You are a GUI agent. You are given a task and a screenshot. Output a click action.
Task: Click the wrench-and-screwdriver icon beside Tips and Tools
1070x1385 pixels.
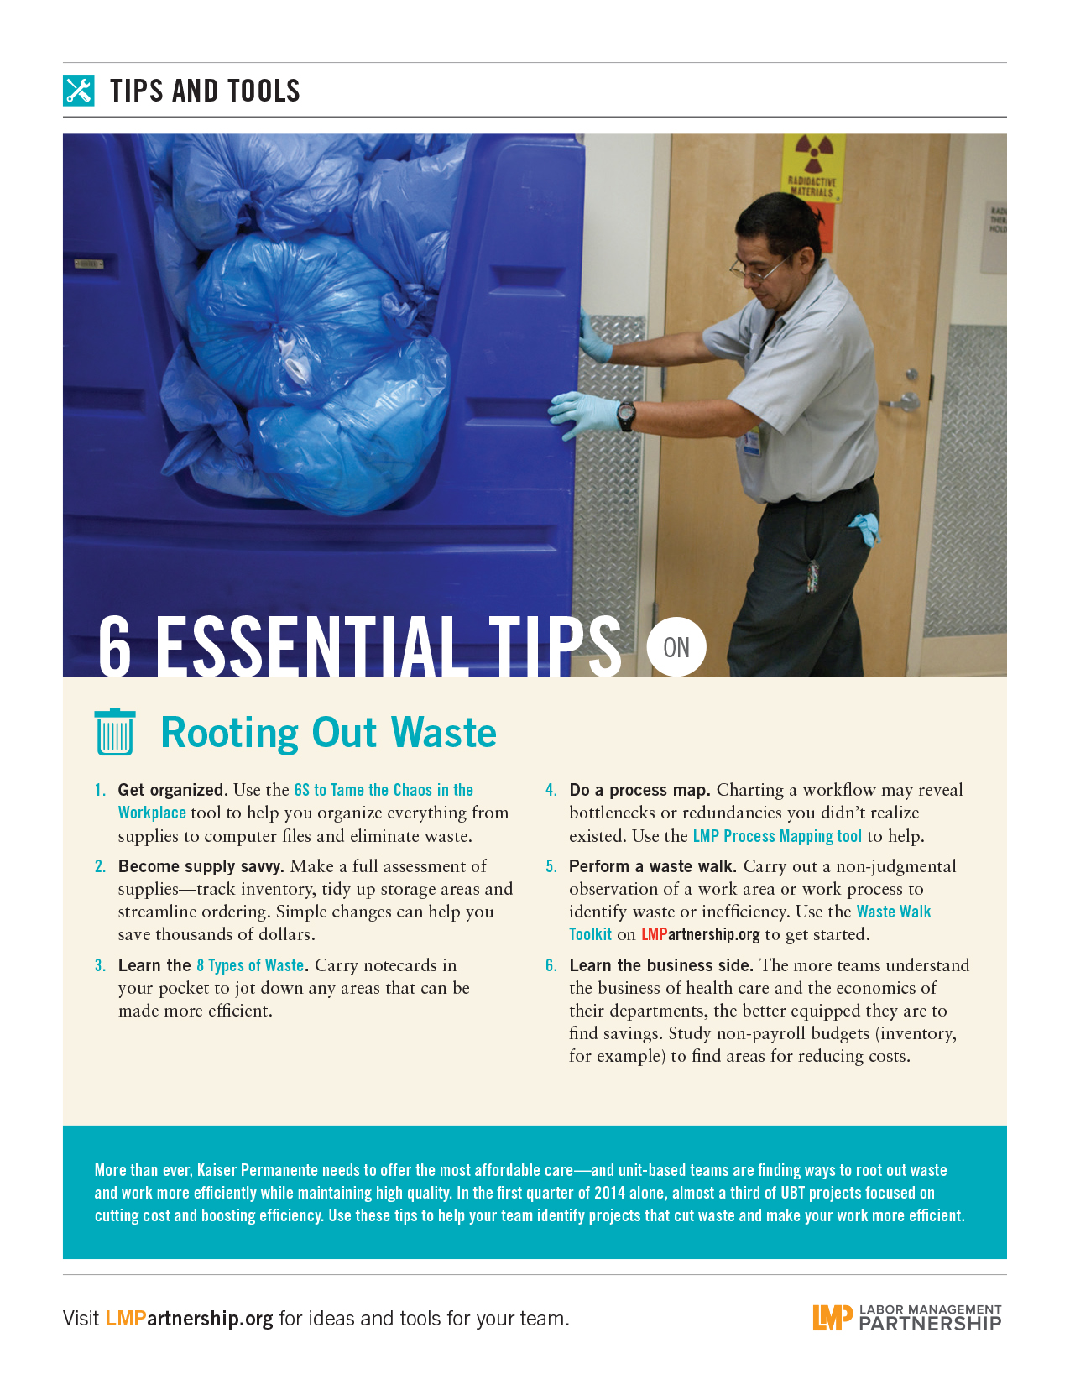click(78, 90)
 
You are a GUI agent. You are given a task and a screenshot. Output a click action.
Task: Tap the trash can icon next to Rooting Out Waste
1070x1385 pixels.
click(115, 732)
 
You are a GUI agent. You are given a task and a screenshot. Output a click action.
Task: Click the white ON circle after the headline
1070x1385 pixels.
click(676, 647)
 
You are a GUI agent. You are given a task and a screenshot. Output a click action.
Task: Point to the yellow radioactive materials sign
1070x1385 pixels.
click(813, 168)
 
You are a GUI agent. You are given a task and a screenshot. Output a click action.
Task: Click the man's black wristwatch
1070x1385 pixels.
click(626, 416)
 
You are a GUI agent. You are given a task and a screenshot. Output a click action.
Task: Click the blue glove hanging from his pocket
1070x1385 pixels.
click(864, 528)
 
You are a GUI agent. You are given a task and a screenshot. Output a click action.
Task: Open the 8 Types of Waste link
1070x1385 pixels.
click(250, 965)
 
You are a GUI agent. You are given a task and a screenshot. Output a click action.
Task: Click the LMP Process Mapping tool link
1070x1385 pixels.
click(777, 835)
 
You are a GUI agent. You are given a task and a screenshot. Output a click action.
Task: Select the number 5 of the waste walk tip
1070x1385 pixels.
click(551, 866)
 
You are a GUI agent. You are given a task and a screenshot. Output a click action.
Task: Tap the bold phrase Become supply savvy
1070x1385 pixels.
click(201, 867)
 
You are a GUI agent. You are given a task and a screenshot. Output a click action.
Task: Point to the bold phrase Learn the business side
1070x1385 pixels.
click(661, 965)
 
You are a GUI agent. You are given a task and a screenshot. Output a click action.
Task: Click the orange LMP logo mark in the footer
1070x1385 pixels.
click(832, 1318)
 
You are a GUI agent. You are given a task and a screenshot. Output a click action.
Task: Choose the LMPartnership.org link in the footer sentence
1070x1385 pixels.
click(189, 1319)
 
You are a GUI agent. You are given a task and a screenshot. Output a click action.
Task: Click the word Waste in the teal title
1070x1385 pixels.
click(444, 732)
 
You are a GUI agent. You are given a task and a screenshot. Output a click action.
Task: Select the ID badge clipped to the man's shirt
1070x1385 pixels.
click(753, 441)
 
